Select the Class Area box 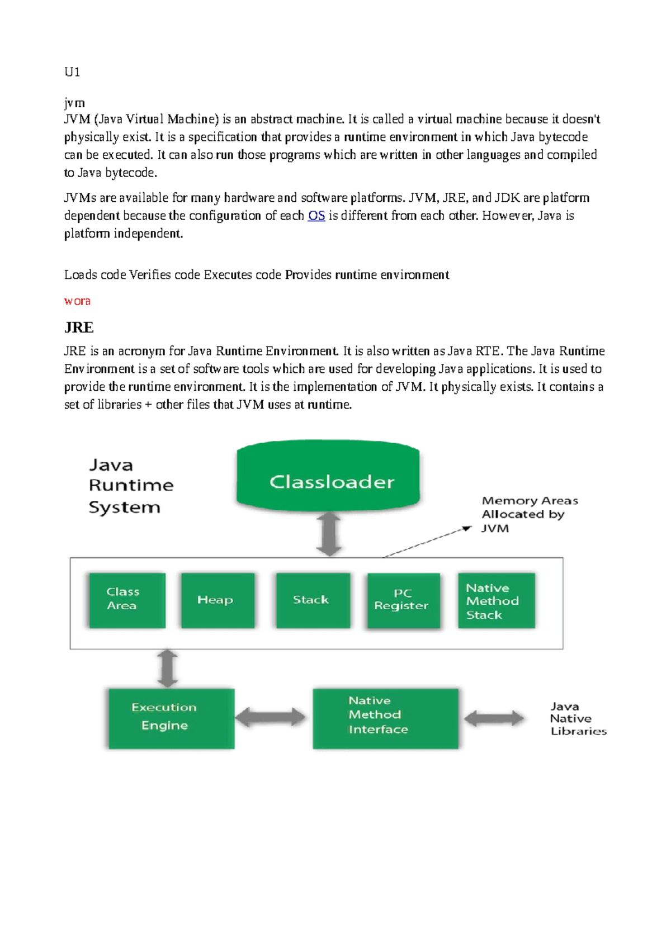click(127, 600)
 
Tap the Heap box click(218, 600)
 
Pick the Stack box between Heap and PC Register click(313, 600)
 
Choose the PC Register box click(403, 600)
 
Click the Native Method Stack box click(496, 600)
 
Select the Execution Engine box click(171, 718)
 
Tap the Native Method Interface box click(385, 718)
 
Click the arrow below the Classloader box click(329, 534)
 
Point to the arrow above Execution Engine click(167, 669)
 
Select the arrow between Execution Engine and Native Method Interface click(271, 718)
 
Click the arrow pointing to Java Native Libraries click(494, 718)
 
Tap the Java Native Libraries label click(577, 719)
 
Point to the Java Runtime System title click(130, 485)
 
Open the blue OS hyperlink click(316, 216)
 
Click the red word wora click(77, 301)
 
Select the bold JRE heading click(79, 328)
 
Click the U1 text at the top click(72, 72)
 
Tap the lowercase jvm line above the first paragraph click(74, 103)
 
